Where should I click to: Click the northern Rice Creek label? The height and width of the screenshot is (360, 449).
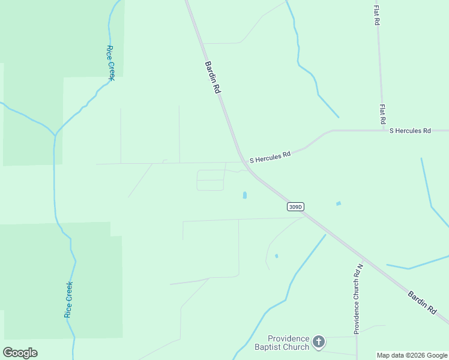[x=110, y=62]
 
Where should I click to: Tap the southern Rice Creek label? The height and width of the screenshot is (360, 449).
[x=69, y=299]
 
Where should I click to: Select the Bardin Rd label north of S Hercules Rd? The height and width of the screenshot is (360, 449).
[x=213, y=76]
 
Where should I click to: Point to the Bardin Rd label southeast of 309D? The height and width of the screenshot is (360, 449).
[x=422, y=302]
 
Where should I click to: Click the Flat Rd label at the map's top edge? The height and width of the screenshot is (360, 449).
[x=376, y=15]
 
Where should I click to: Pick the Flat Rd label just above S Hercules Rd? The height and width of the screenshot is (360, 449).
[x=382, y=114]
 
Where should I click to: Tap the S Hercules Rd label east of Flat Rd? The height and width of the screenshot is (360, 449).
[x=410, y=130]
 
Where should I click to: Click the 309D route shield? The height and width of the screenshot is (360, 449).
[x=295, y=207]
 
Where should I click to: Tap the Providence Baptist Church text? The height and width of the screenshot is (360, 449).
[x=288, y=343]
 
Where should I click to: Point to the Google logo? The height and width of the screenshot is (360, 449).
[x=20, y=353]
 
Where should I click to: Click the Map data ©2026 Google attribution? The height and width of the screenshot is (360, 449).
[x=412, y=355]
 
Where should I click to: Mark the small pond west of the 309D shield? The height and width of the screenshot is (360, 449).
[x=244, y=196]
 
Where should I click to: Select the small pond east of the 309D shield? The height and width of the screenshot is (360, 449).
[x=339, y=203]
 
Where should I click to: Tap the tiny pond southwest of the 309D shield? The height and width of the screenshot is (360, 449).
[x=276, y=256]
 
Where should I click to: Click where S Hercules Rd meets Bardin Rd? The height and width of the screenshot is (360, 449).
[x=243, y=160]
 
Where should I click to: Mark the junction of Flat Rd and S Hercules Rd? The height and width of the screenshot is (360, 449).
[x=383, y=130]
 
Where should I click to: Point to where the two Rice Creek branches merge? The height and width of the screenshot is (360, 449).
[x=55, y=134]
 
